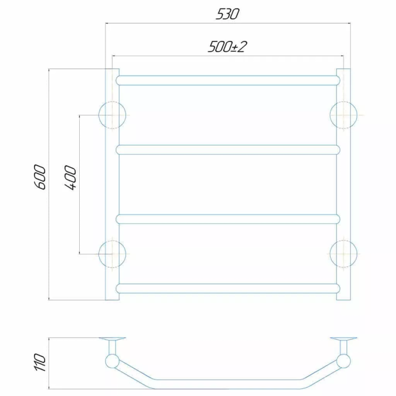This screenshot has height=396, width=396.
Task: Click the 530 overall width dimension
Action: (227, 14)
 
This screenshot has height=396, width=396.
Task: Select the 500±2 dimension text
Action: (227, 47)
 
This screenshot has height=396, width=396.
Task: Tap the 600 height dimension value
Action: (41, 177)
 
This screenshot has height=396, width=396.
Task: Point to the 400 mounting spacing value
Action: (70, 178)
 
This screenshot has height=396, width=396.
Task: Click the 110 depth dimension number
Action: (41, 362)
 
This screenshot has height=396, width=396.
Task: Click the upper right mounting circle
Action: (330, 115)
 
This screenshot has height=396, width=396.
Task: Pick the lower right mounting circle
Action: (330, 254)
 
